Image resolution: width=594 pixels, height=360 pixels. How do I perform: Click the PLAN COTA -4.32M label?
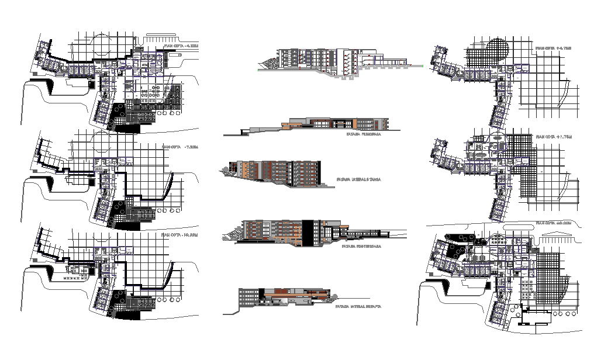pos(181,45)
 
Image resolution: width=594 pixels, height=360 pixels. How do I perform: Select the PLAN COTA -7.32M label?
pos(180,147)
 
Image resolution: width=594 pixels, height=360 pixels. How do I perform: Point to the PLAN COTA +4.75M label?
pos(551,48)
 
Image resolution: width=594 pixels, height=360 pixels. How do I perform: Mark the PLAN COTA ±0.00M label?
pos(552,223)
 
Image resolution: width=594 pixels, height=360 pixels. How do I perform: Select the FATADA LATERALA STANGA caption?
pos(358,179)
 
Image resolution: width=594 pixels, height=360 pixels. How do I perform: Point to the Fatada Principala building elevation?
pos(333,124)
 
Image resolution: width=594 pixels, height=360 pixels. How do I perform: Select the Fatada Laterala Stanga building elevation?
pos(275,171)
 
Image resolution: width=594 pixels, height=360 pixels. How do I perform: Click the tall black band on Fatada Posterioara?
pos(308,232)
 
